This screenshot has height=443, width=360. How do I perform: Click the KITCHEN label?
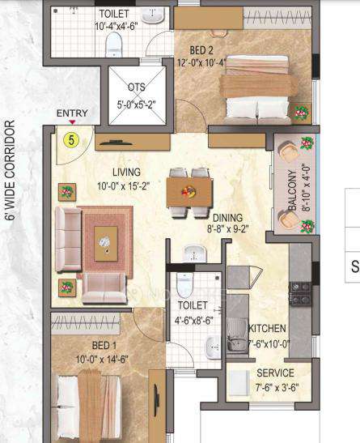267,328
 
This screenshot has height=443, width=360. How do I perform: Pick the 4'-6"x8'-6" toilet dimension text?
195,318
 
